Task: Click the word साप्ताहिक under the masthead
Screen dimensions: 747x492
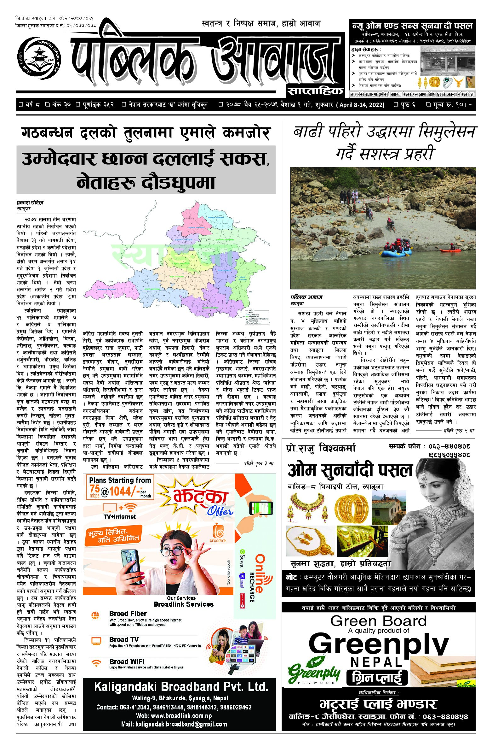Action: pyautogui.click(x=315, y=91)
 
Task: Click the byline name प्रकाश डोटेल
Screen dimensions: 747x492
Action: pyautogui.click(x=30, y=203)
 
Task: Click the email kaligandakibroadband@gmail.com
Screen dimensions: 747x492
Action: pyautogui.click(x=174, y=733)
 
